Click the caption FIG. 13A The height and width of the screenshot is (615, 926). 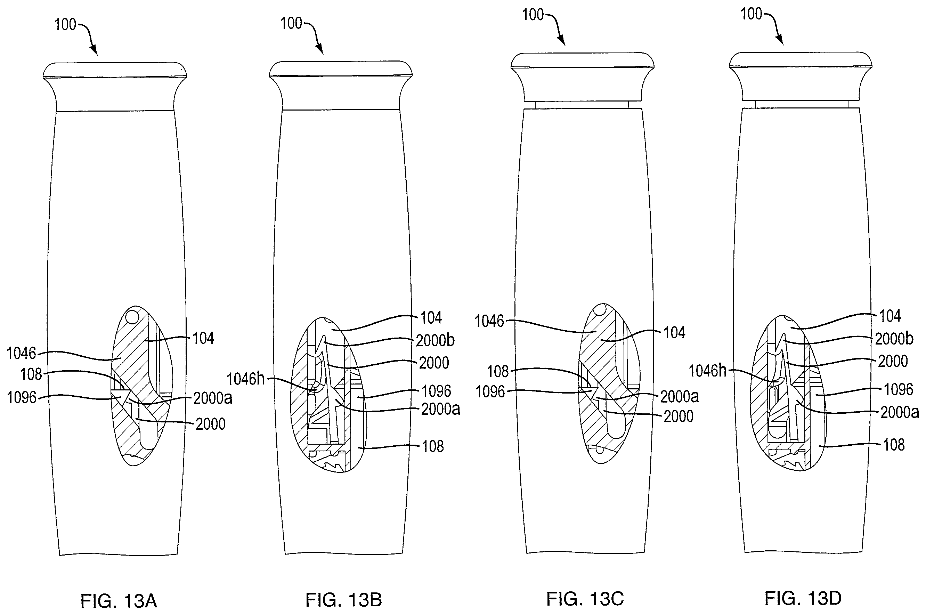(119, 601)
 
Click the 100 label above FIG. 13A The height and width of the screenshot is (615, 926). (65, 25)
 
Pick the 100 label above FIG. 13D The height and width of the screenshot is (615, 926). (751, 14)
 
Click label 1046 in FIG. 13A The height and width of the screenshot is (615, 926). (21, 354)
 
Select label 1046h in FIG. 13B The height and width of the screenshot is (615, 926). (246, 379)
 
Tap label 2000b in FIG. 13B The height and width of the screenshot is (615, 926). (435, 341)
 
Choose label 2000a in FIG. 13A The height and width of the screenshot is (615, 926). (213, 398)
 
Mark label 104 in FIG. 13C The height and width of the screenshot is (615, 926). (674, 333)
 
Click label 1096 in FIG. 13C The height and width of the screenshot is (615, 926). (490, 392)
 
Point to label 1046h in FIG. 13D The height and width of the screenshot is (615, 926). (708, 371)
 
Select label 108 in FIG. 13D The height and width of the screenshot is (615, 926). (894, 445)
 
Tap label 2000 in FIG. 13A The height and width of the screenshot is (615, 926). (211, 424)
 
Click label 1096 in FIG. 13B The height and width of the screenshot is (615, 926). (436, 391)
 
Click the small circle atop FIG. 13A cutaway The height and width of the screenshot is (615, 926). (132, 316)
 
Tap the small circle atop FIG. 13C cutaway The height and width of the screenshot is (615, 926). (598, 311)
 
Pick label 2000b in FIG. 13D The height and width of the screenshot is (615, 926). (894, 339)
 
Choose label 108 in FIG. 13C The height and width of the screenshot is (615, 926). (498, 372)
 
